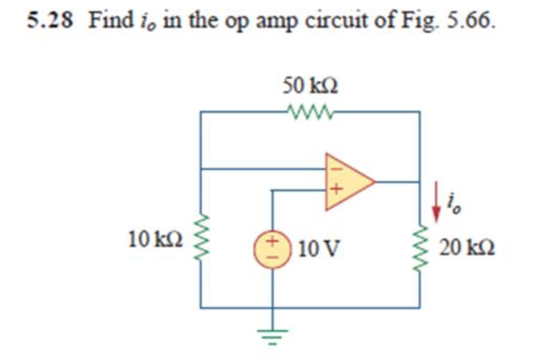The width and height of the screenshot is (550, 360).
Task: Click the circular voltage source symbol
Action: coord(273,250)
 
